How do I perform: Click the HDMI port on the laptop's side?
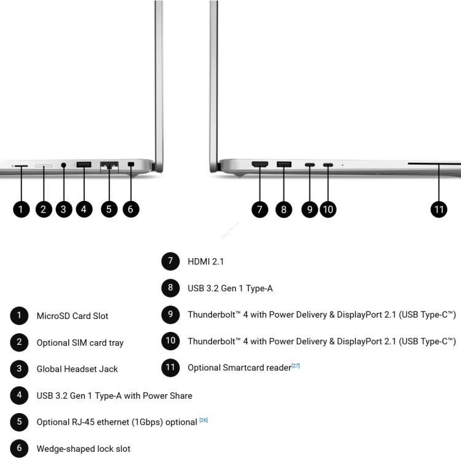(x=260, y=164)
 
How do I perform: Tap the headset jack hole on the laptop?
(x=63, y=165)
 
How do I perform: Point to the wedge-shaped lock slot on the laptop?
(x=131, y=164)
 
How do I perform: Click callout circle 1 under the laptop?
(x=21, y=210)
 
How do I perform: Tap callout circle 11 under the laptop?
(x=439, y=210)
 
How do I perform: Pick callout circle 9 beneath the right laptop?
(x=310, y=210)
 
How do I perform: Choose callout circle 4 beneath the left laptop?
(x=84, y=210)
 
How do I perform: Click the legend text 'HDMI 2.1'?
(x=205, y=261)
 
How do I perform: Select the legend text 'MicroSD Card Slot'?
(x=73, y=316)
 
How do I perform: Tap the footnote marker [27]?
(x=296, y=366)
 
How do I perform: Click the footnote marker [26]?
(x=203, y=420)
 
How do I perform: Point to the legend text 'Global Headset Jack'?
(x=77, y=369)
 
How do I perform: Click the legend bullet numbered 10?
(x=170, y=341)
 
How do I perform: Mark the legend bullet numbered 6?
(x=19, y=448)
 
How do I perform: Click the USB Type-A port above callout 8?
(x=284, y=164)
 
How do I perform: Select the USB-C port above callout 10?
(x=328, y=165)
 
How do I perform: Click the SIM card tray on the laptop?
(x=44, y=166)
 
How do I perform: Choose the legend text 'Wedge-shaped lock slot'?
(x=83, y=449)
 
